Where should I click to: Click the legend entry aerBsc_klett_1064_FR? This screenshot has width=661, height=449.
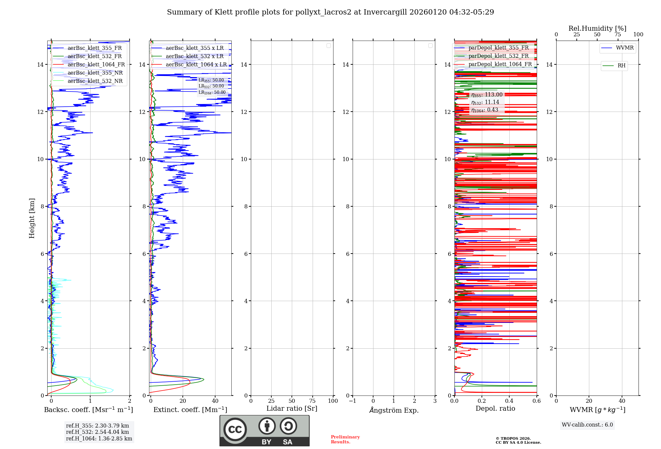pyautogui.click(x=96, y=65)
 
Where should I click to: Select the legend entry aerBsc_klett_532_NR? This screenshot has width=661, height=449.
pyautogui.click(x=95, y=81)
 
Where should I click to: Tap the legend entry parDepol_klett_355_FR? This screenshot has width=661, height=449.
pyautogui.click(x=498, y=48)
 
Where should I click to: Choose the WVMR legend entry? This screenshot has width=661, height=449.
pyautogui.click(x=624, y=48)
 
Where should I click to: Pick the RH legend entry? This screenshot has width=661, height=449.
pyautogui.click(x=621, y=66)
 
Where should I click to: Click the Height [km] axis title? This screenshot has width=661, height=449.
pyautogui.click(x=32, y=218)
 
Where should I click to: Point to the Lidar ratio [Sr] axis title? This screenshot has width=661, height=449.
pyautogui.click(x=292, y=409)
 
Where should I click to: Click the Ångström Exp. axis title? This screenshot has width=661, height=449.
pyautogui.click(x=394, y=410)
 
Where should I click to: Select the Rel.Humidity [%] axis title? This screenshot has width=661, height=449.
pyautogui.click(x=597, y=28)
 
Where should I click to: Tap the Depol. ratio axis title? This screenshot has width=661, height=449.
pyautogui.click(x=495, y=409)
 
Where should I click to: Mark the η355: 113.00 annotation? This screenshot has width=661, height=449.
pyautogui.click(x=487, y=95)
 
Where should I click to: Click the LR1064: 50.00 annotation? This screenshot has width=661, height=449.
pyautogui.click(x=212, y=92)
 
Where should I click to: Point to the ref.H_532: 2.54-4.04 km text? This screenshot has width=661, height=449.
pyautogui.click(x=97, y=432)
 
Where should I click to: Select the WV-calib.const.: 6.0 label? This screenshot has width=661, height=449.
pyautogui.click(x=587, y=425)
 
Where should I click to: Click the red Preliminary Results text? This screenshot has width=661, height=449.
pyautogui.click(x=345, y=439)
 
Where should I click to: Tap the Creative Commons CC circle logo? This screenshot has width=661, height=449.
pyautogui.click(x=235, y=430)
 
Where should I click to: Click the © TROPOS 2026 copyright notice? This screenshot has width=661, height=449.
pyautogui.click(x=513, y=438)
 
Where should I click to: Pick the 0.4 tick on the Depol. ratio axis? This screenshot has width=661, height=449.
pyautogui.click(x=509, y=401)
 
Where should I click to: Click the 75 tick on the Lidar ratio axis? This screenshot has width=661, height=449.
pyautogui.click(x=312, y=401)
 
